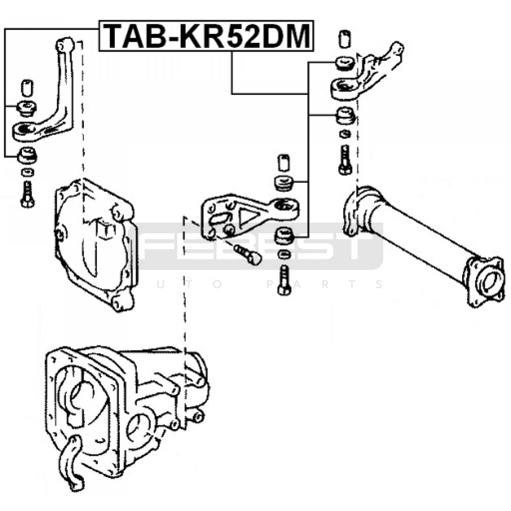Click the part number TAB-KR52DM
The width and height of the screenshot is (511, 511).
[207, 36]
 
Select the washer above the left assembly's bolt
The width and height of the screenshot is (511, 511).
[28, 172]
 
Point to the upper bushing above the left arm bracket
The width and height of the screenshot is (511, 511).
[27, 108]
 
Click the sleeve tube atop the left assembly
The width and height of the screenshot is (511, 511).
[27, 88]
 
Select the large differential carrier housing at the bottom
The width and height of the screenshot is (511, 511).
[128, 415]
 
